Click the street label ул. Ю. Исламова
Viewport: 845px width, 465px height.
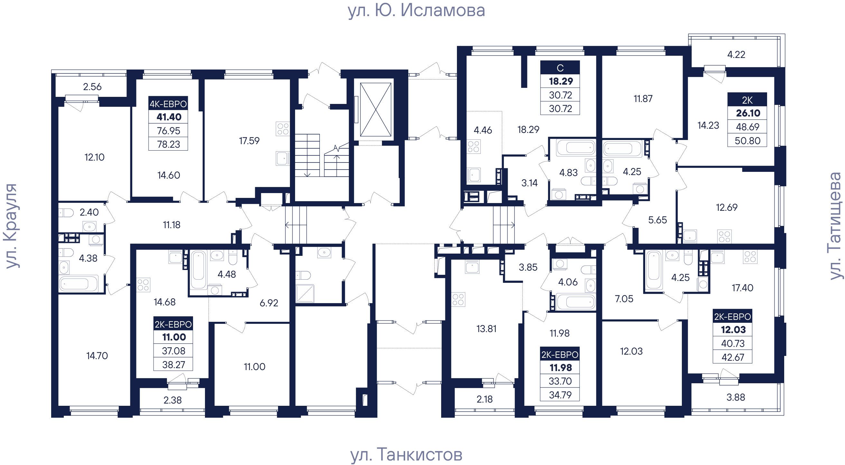click(x=416, y=11)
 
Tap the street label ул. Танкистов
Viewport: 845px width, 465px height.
click(x=406, y=454)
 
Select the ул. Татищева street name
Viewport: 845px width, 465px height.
click(x=835, y=226)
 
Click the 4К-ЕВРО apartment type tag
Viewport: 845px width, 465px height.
click(x=168, y=104)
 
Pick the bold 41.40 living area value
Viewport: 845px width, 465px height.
click(x=169, y=117)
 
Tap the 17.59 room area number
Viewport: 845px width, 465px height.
click(x=249, y=141)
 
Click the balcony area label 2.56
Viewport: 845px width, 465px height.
click(x=92, y=87)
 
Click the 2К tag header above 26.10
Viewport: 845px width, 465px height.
click(x=747, y=100)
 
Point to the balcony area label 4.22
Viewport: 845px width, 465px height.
click(x=736, y=54)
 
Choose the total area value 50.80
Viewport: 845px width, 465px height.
click(x=747, y=141)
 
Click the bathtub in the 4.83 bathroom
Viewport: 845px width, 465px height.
click(x=576, y=148)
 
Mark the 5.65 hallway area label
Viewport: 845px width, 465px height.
click(x=657, y=220)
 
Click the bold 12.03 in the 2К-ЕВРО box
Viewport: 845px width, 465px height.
click(x=733, y=329)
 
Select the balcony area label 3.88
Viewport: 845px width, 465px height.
click(x=736, y=397)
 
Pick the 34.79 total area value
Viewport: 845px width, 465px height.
click(x=560, y=395)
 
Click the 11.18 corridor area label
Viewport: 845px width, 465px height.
click(x=172, y=225)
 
